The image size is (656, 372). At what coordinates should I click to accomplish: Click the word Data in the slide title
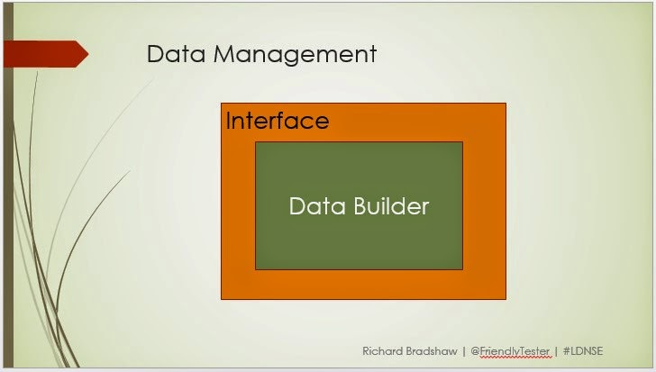point(176,54)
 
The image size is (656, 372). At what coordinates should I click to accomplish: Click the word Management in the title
point(295,54)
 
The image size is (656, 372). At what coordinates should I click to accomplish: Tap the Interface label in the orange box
point(278,121)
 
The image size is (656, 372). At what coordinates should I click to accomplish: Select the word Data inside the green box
point(317,206)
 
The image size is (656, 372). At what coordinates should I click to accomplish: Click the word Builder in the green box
point(391,206)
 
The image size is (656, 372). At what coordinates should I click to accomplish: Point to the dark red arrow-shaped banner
point(46,54)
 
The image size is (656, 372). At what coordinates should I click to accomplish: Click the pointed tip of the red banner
point(88,54)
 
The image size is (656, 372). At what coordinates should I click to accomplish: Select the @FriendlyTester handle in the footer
point(510,351)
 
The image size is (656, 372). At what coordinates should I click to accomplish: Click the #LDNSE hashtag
point(583,351)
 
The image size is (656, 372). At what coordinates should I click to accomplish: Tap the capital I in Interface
point(228,121)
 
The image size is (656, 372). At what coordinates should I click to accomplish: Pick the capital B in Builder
point(360,206)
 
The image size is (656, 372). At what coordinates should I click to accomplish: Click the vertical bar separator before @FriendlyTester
point(464,351)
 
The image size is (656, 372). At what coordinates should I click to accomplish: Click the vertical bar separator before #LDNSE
point(556,351)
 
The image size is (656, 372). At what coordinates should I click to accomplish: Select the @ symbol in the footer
point(475,351)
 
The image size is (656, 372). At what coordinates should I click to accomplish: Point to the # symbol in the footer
point(567,351)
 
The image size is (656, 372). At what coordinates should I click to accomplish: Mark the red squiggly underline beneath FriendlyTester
point(515,358)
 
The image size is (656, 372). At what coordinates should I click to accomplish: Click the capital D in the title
point(155,54)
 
